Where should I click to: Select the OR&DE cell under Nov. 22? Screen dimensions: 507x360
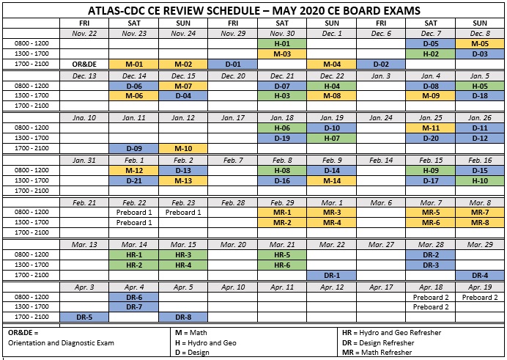click(84, 65)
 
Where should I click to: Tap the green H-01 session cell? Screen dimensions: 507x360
click(282, 43)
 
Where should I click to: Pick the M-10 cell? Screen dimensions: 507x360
click(183, 149)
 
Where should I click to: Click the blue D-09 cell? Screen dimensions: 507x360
click(133, 149)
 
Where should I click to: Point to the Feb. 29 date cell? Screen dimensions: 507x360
click(282, 202)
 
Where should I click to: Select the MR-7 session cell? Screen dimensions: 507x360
click(480, 213)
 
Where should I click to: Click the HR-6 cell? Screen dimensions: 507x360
click(282, 265)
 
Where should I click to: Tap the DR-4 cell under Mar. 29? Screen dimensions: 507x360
click(480, 275)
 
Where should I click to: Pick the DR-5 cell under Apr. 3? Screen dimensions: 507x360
click(84, 317)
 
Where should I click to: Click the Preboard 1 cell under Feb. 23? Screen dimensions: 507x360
click(183, 213)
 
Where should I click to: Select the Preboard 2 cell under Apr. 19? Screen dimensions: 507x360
click(480, 297)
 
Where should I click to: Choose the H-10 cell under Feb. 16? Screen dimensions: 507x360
click(480, 180)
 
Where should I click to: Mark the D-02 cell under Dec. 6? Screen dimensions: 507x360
click(381, 65)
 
